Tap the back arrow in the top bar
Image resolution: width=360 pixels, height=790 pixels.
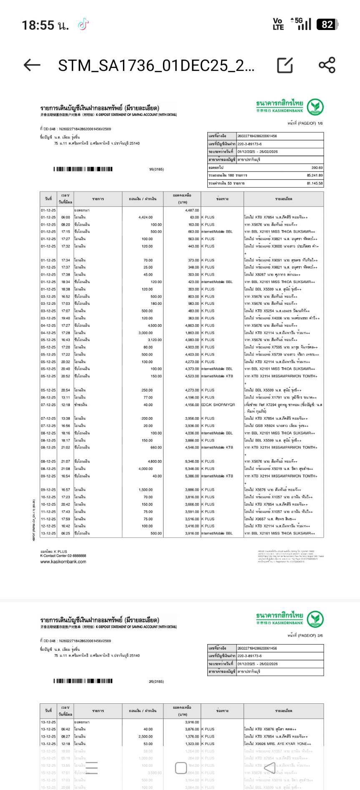click(x=32, y=65)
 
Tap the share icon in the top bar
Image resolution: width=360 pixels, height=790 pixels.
click(x=327, y=65)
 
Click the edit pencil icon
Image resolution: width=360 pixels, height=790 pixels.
click(x=285, y=65)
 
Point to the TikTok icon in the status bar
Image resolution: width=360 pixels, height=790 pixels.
click(x=83, y=25)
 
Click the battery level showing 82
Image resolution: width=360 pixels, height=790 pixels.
click(x=327, y=25)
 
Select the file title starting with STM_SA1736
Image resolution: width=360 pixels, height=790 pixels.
click(x=156, y=65)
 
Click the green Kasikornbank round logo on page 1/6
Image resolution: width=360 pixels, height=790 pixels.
click(x=316, y=107)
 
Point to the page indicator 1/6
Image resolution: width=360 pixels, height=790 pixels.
click(x=320, y=123)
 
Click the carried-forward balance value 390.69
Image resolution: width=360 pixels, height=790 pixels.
click(x=317, y=168)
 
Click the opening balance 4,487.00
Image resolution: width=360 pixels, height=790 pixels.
click(x=192, y=211)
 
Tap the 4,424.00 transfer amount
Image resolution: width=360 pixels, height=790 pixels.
click(x=145, y=217)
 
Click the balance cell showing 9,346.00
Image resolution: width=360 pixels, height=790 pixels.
click(x=192, y=461)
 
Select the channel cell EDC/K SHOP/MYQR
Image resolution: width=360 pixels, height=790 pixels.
click(x=218, y=405)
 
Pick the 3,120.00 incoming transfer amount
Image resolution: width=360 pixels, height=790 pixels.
click(x=154, y=340)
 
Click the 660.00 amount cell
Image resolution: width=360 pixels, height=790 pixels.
click(x=156, y=447)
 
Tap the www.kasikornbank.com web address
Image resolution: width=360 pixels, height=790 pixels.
click(x=63, y=562)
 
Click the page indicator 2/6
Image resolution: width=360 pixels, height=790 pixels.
click(x=320, y=635)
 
